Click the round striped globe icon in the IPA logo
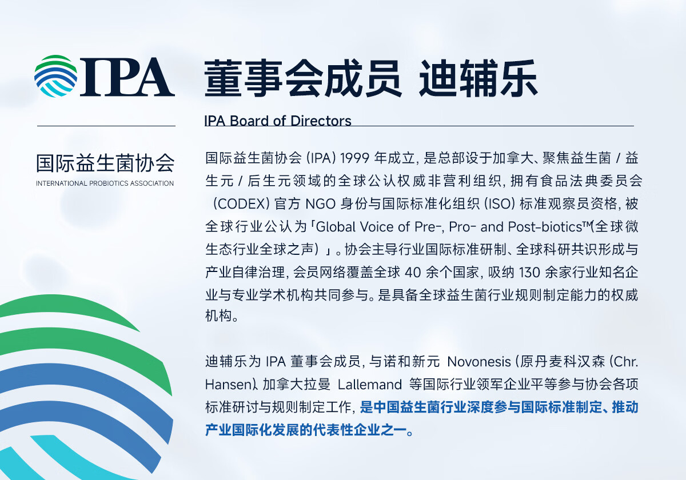click(56, 76)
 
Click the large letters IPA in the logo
click(127, 77)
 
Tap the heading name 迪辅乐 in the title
click(478, 79)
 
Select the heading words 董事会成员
click(303, 79)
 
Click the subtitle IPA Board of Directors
click(278, 121)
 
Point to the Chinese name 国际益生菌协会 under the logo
click(105, 163)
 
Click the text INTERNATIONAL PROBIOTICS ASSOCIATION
click(105, 183)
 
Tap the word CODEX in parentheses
click(241, 204)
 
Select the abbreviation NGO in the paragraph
click(320, 204)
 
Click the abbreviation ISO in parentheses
click(500, 204)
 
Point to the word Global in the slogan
click(336, 227)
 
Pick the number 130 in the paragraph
click(529, 273)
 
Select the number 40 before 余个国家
click(413, 273)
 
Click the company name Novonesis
click(479, 362)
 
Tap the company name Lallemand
click(370, 385)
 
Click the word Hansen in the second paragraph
click(226, 385)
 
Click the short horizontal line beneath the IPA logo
click(106, 126)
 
